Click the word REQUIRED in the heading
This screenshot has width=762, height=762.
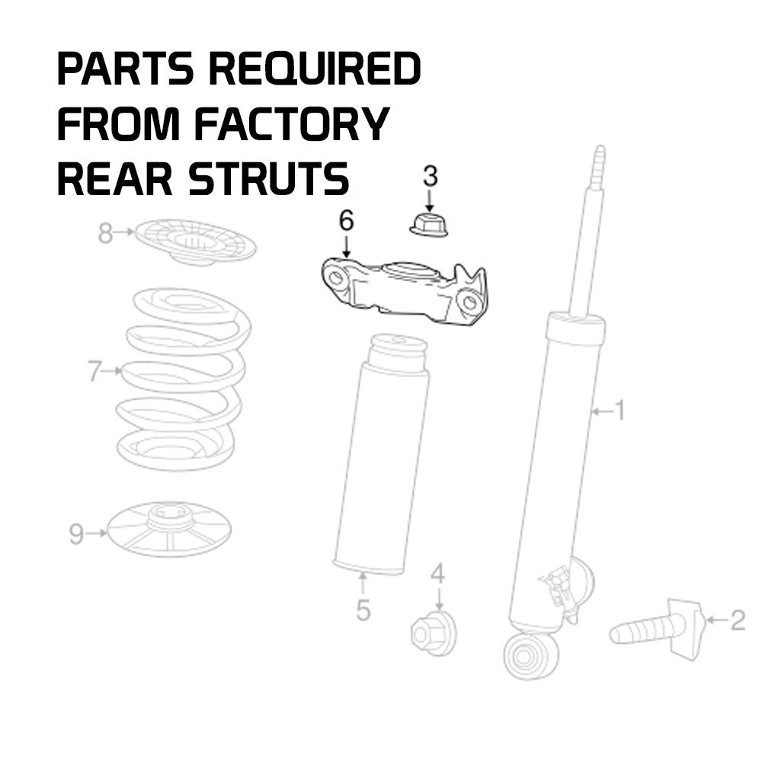coord(314,70)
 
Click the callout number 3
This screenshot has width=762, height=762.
coord(431,177)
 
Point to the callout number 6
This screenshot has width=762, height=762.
coord(346,222)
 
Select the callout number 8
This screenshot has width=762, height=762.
coord(105,234)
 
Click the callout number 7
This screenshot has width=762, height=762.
coord(94,372)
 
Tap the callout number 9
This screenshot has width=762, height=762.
coord(76,534)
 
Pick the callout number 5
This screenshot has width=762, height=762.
coord(363,610)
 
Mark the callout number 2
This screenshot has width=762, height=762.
coord(737,621)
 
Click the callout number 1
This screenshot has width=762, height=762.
coord(620,411)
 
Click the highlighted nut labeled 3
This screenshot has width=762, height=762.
coord(428,226)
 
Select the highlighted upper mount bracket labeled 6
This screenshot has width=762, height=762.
coord(404,293)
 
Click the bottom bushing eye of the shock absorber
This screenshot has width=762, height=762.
coord(530,655)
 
